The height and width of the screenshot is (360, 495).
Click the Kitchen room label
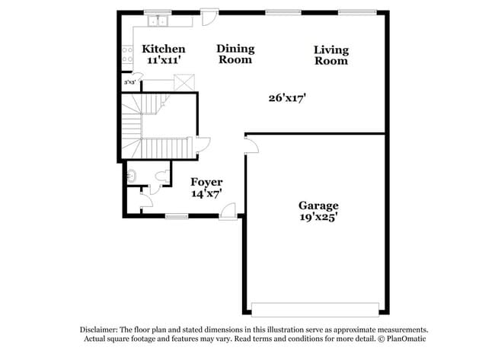(x=164, y=49)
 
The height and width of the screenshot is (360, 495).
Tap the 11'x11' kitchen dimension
(x=163, y=59)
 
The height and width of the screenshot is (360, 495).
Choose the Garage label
(x=318, y=205)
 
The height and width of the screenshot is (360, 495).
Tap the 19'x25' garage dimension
(x=318, y=217)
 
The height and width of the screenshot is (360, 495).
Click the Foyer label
(x=206, y=182)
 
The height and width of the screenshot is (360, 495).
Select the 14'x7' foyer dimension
(x=206, y=193)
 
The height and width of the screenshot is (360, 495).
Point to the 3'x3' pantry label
(x=129, y=81)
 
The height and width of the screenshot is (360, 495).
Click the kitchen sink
(x=158, y=21)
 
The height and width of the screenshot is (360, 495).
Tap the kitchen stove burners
(x=127, y=55)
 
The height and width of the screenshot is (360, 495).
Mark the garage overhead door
(x=315, y=309)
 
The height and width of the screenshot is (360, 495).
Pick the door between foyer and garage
(x=251, y=145)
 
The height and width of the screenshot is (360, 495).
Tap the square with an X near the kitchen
(x=184, y=82)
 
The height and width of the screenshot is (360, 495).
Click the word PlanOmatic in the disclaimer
(x=405, y=338)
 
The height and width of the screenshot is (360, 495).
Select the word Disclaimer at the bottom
(x=99, y=329)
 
